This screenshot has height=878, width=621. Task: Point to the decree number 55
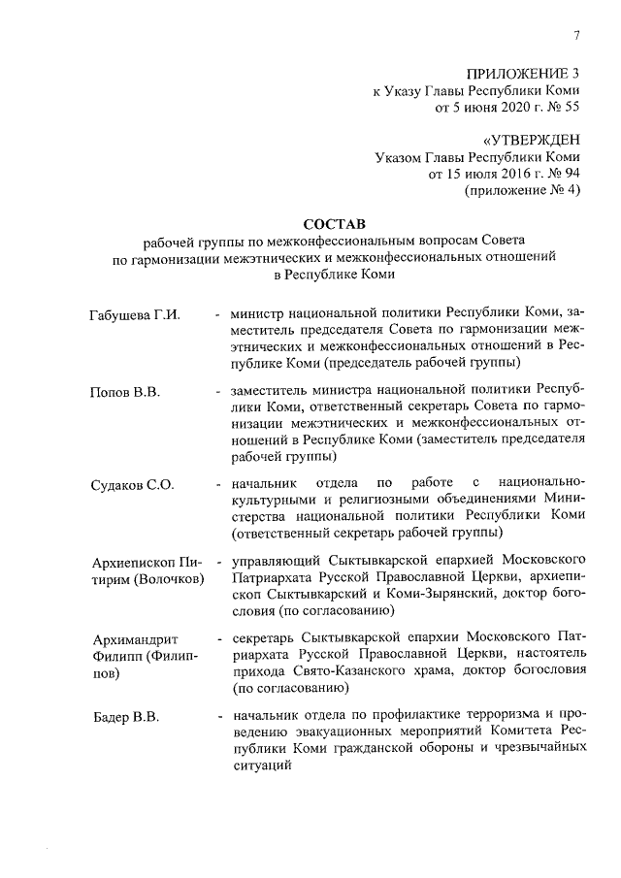[x=571, y=107]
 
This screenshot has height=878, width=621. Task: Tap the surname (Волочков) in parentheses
[x=162, y=579]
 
